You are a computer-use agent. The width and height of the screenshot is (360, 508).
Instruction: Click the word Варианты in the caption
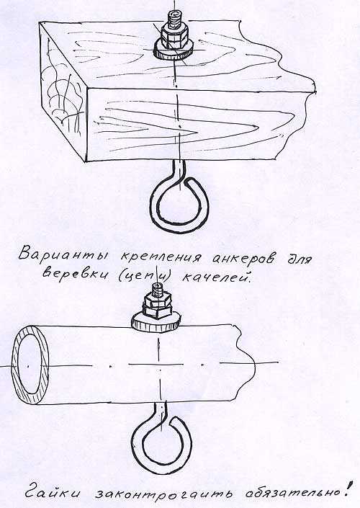click(x=63, y=254)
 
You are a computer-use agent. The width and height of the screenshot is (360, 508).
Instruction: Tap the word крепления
click(x=161, y=257)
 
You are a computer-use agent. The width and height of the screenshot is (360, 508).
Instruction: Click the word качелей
click(x=215, y=277)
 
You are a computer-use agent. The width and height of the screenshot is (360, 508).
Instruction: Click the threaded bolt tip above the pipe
click(x=158, y=288)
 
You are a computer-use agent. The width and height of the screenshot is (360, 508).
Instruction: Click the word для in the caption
click(x=300, y=259)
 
